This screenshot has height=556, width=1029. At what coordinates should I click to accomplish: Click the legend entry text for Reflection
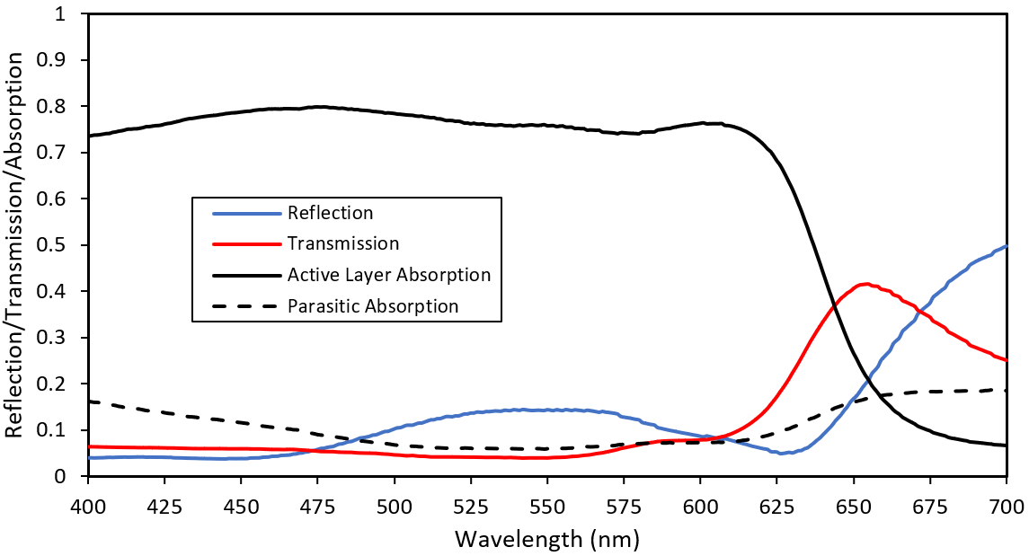click(330, 213)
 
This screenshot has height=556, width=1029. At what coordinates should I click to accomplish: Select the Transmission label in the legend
click(342, 243)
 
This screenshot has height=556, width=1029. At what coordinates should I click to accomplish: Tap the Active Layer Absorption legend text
click(389, 274)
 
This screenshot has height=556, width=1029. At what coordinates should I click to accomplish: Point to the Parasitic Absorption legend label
click(373, 305)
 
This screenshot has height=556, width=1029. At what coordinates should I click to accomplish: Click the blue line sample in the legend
click(245, 213)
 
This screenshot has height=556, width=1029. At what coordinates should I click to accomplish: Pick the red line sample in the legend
click(245, 243)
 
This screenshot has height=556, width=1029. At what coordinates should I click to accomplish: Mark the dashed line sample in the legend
click(245, 305)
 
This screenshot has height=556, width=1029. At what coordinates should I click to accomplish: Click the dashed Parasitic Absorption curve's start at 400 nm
click(89, 402)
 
